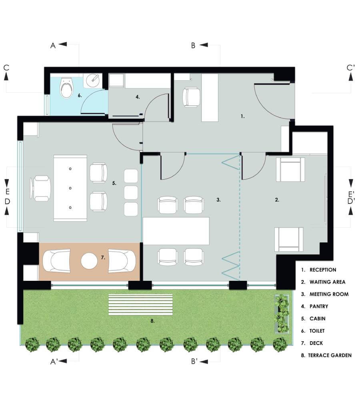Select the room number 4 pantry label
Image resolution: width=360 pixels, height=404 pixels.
pyautogui.click(x=138, y=97)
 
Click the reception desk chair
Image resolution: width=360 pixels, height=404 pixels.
pyautogui.click(x=191, y=97)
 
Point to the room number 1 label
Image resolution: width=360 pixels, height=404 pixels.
pyautogui.click(x=242, y=116)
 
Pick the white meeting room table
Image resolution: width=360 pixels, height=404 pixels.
pyautogui.click(x=176, y=231)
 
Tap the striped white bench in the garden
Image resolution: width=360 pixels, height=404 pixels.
pyautogui.click(x=140, y=305)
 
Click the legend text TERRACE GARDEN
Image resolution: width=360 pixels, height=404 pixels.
pyautogui.click(x=330, y=355)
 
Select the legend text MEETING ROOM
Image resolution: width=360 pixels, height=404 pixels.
pyautogui.click(x=329, y=294)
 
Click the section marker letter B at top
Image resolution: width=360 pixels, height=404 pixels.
pyautogui.click(x=193, y=46)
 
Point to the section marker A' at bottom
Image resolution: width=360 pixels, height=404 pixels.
pyautogui.click(x=54, y=362)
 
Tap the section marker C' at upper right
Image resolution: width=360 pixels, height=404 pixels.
pyautogui.click(x=351, y=68)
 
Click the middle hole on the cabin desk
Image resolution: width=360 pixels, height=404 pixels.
pyautogui.click(x=70, y=188)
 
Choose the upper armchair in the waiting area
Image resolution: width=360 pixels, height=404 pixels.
pyautogui.click(x=290, y=170)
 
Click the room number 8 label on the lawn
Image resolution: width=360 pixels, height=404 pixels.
pyautogui.click(x=152, y=321)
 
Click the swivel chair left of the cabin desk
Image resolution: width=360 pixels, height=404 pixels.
pyautogui.click(x=40, y=188)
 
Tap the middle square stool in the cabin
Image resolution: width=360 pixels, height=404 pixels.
pyautogui.click(x=131, y=192)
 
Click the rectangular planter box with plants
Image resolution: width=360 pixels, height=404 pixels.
pyautogui.click(x=282, y=314)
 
